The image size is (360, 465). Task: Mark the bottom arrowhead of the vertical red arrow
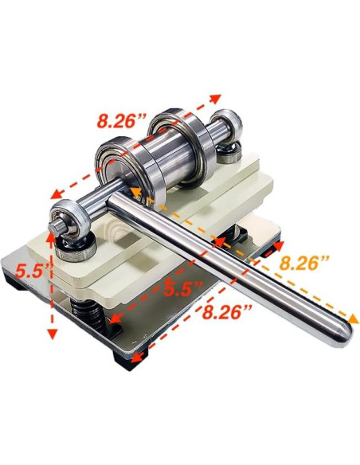(x=53, y=334)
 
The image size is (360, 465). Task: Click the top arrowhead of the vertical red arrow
(x=53, y=232)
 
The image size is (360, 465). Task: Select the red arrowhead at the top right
(x=217, y=97)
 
